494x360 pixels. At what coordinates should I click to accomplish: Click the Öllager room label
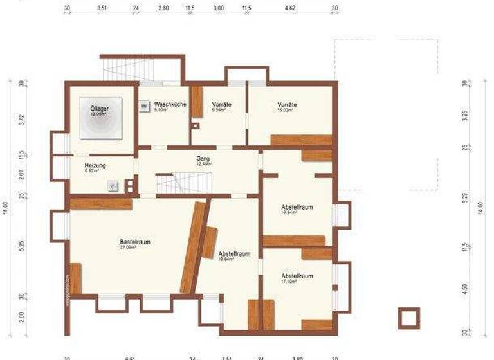point(100,109)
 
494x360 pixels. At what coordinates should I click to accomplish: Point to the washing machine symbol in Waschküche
point(145,105)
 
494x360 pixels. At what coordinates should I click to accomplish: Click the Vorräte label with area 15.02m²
point(287,105)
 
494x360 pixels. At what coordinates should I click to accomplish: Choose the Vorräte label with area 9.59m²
point(221,105)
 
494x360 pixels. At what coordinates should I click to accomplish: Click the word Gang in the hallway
point(203,158)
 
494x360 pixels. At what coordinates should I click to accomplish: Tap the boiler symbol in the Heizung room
point(113,185)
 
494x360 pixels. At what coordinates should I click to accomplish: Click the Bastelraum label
point(134,242)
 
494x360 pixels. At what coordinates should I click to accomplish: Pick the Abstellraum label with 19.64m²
point(297,207)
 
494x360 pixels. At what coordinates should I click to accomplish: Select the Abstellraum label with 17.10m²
point(297,276)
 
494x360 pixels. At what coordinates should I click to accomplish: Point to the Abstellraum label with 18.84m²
point(234,254)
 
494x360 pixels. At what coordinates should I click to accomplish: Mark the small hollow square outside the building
point(408,318)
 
